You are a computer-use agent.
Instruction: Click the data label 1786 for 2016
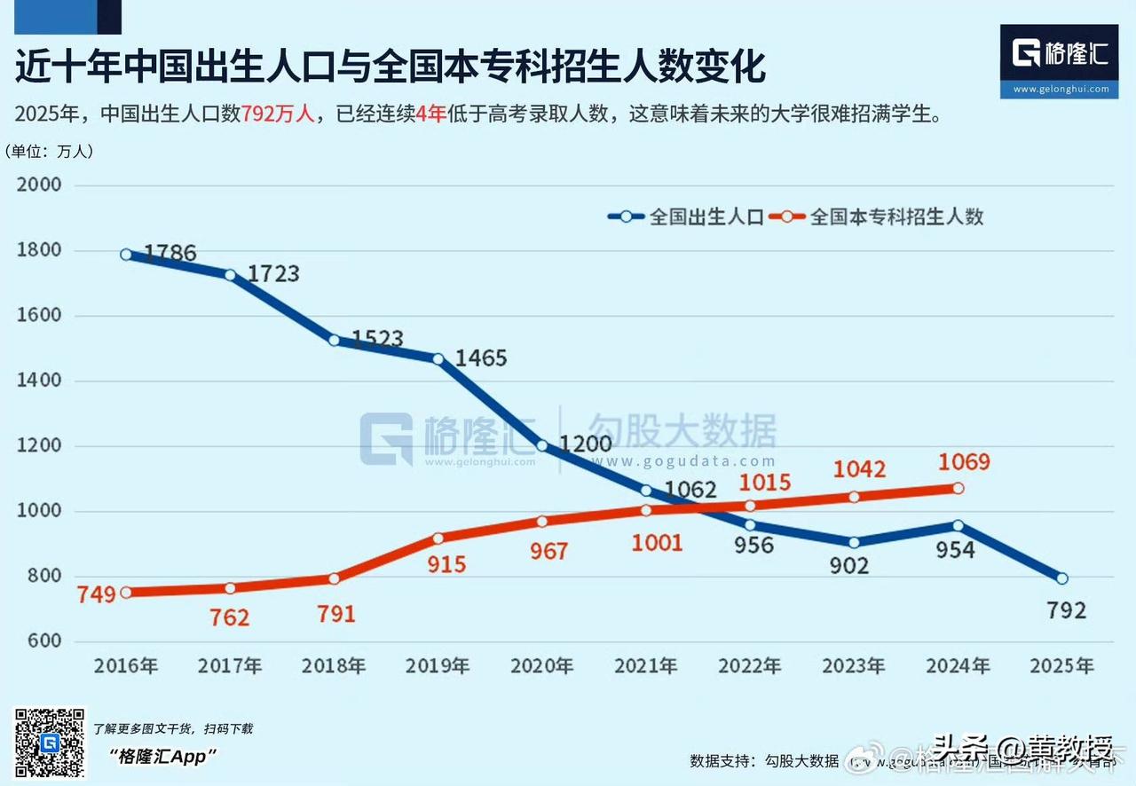click(x=170, y=254)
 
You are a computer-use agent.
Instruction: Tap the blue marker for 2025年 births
click(x=1061, y=578)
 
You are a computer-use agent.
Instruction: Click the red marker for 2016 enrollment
click(x=126, y=593)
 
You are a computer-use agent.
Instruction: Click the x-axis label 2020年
click(x=541, y=666)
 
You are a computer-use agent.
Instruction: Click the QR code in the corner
click(x=50, y=743)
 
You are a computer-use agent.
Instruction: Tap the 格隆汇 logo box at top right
click(x=1059, y=59)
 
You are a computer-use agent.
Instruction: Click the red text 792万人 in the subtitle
click(x=278, y=114)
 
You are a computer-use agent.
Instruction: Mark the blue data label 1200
click(x=586, y=444)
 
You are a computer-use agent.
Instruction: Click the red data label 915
click(x=446, y=565)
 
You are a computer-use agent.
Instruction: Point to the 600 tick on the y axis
click(x=43, y=641)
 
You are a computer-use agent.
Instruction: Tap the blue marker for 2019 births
click(x=438, y=358)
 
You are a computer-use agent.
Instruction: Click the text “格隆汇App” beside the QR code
click(x=163, y=756)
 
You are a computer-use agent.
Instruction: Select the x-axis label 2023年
click(x=854, y=666)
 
